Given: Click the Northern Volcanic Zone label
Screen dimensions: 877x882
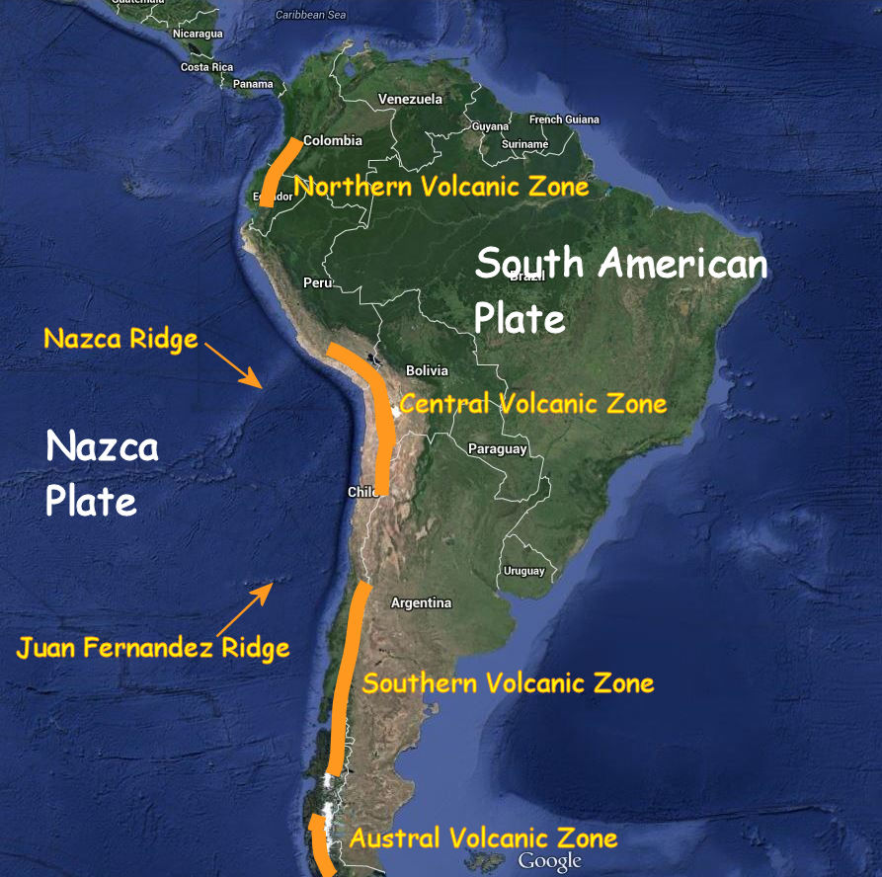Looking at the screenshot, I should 441,186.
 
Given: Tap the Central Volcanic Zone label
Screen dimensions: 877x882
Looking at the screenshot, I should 532,404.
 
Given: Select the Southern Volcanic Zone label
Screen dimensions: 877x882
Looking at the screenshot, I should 508,683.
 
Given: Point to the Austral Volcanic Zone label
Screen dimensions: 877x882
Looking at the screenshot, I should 483,838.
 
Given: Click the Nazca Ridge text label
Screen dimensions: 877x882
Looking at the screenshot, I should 120,339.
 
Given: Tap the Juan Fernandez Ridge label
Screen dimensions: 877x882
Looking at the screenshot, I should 153,648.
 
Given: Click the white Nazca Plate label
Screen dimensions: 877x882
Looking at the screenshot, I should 102,473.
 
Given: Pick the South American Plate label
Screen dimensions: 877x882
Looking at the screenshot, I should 620,290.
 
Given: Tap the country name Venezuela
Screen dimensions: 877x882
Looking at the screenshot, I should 410,100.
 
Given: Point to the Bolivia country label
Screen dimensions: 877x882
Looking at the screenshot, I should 427,370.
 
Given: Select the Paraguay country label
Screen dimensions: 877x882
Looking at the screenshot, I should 498,449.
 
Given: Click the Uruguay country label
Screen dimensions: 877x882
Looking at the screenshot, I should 523,571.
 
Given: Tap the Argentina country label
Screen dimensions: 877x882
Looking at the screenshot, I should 421,602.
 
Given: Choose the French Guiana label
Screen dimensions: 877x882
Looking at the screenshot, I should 564,120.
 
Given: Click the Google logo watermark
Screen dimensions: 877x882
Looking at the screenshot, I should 549,861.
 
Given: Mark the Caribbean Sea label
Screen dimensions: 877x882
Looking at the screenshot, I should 311,15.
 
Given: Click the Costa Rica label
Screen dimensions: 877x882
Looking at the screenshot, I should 206,67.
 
